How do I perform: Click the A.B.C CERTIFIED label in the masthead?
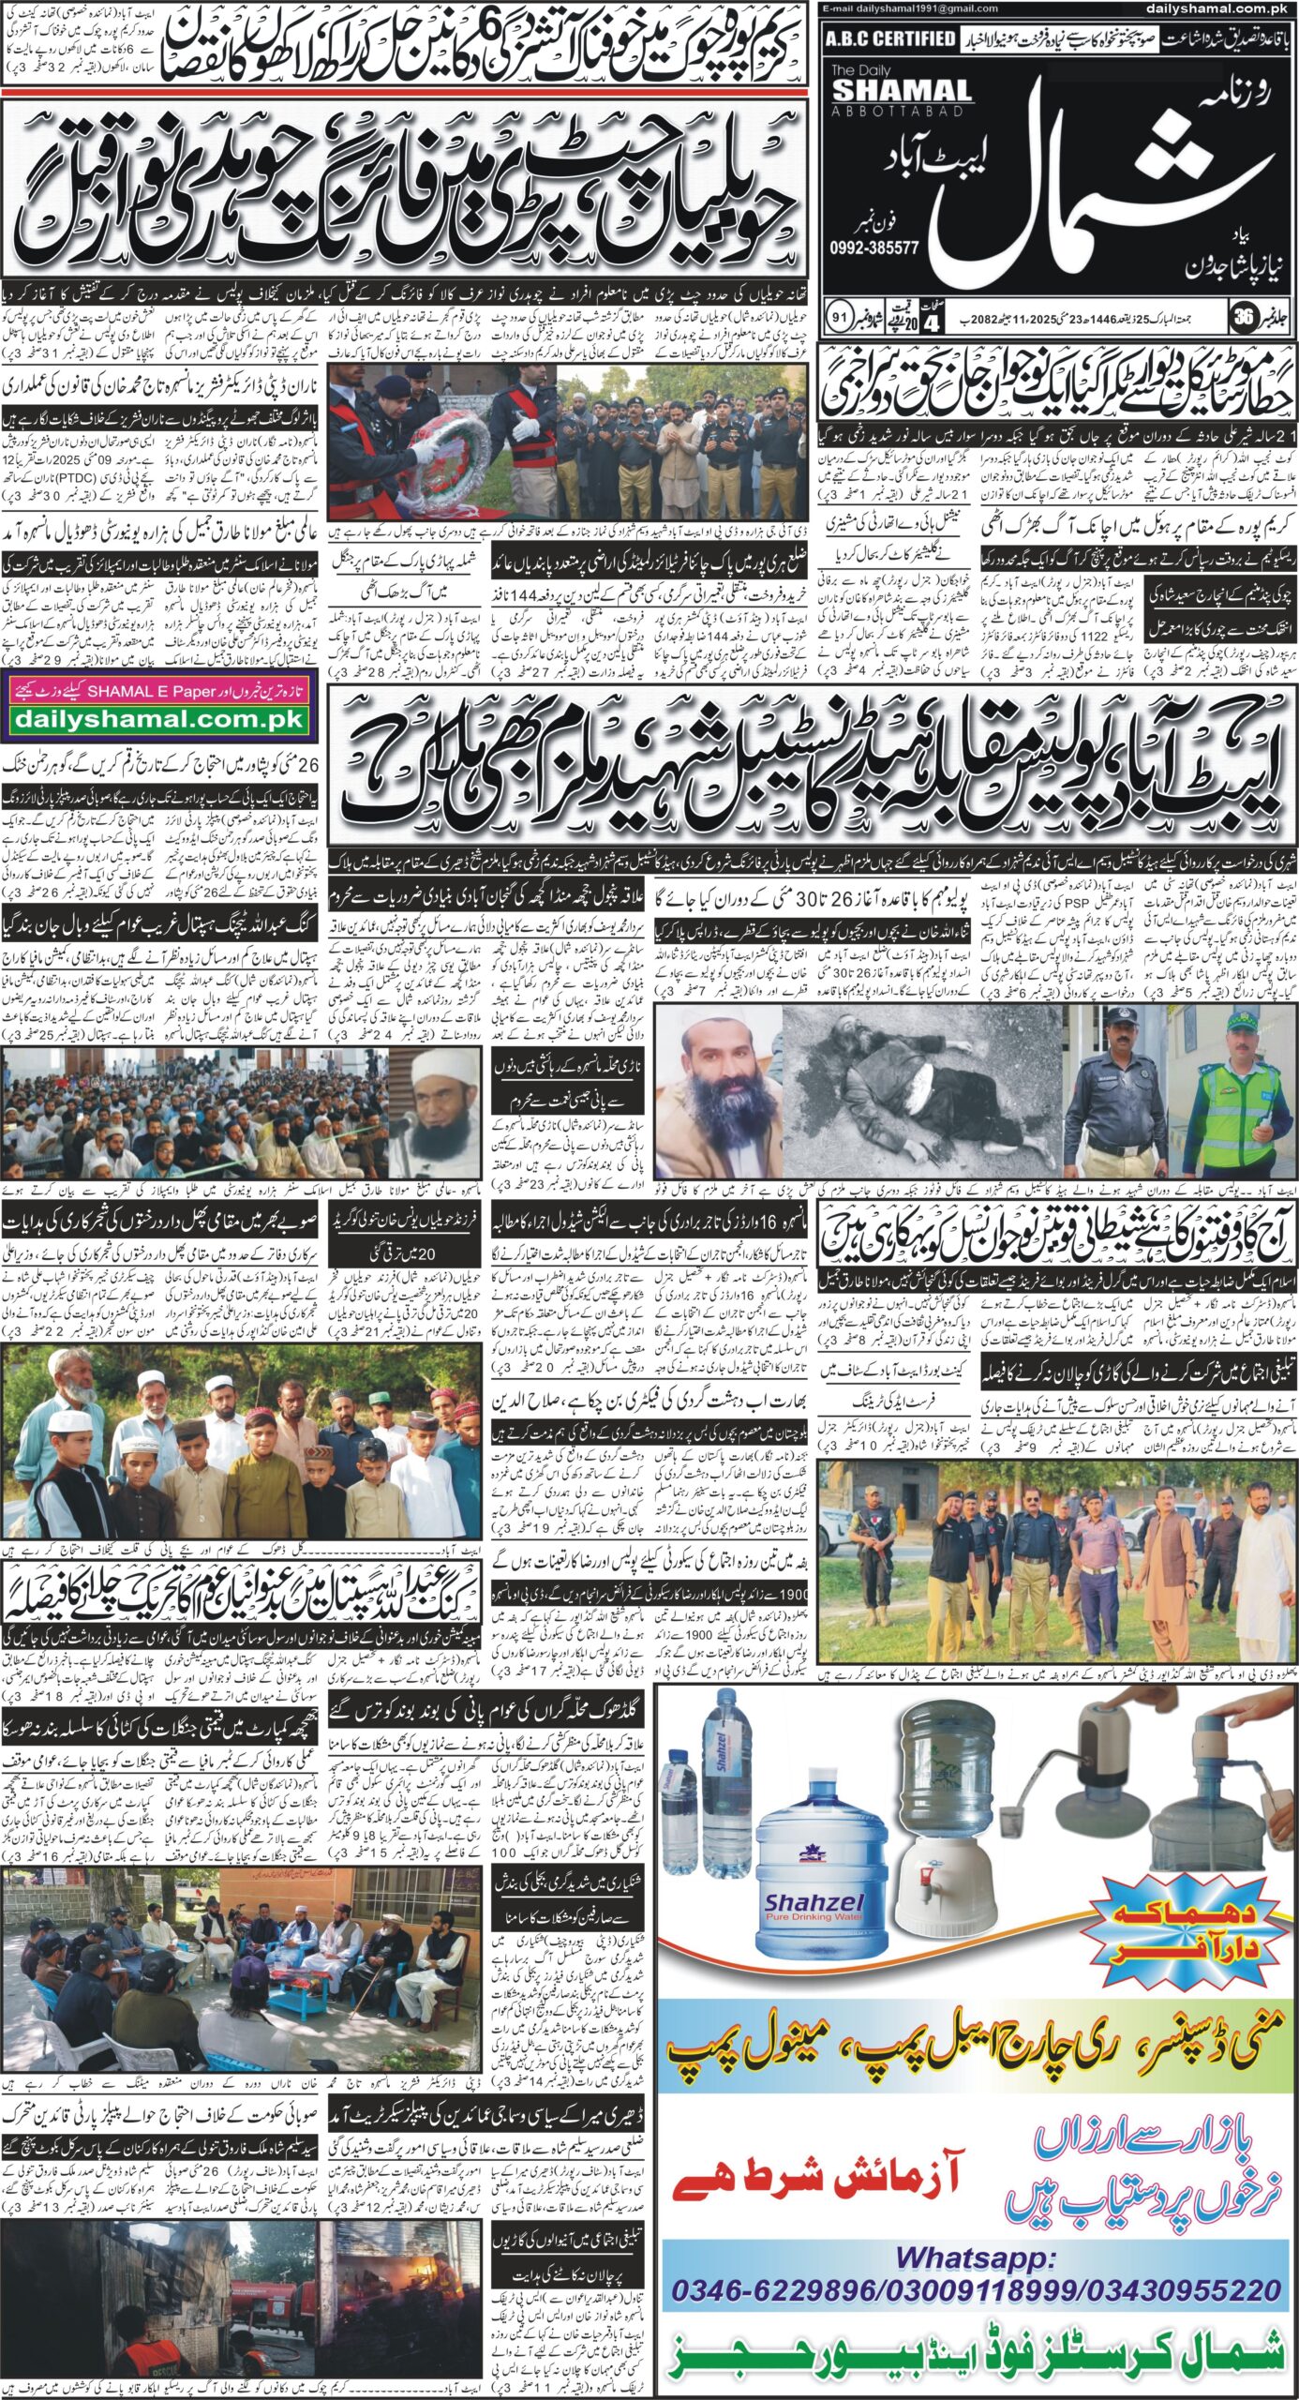(x=890, y=38)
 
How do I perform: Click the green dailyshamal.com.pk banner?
(x=158, y=719)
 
